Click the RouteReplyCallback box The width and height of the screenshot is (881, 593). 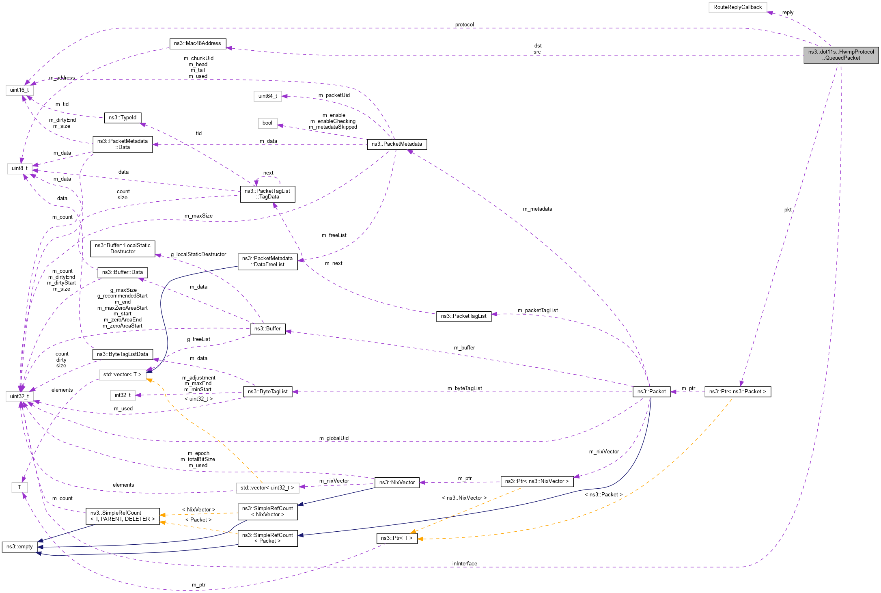point(737,7)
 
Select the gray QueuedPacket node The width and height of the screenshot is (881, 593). point(841,55)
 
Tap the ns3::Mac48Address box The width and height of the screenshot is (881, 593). point(197,43)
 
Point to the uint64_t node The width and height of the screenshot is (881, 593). point(267,96)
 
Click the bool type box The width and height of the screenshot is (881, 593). point(267,123)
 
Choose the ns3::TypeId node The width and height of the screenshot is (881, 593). point(123,118)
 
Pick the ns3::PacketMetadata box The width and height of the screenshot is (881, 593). point(396,144)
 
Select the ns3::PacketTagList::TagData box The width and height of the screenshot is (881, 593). point(267,194)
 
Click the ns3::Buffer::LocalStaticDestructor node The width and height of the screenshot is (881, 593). point(123,248)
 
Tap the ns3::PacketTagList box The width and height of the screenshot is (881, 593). point(463,316)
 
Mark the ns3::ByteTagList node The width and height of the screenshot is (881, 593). point(267,392)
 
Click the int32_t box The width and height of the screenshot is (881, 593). point(123,395)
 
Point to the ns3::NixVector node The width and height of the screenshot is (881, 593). point(396,483)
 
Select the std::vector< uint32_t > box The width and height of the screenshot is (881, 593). point(267,488)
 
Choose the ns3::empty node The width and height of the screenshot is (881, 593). point(19,547)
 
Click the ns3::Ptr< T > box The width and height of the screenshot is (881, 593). point(396,538)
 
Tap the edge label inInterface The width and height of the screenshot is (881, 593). point(465,564)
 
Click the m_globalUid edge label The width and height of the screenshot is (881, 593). point(334,438)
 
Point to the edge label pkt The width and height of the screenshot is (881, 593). point(788,210)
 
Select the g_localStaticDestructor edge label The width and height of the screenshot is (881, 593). point(198,254)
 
